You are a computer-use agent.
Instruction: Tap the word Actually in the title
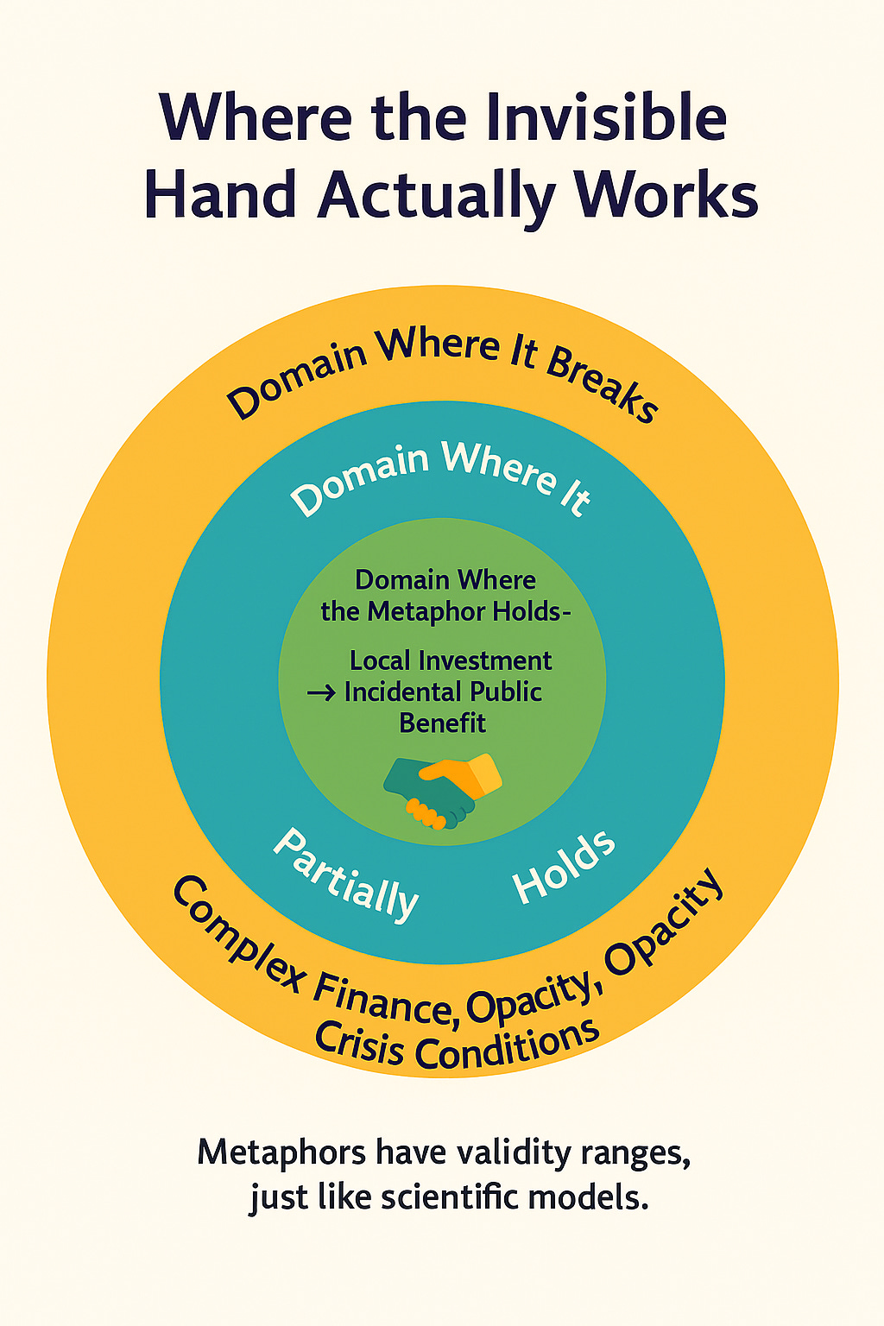pos(436,194)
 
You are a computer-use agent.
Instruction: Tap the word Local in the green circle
pos(379,661)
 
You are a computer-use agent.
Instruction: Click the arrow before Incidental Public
pos(321,693)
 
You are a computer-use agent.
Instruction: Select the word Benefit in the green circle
pos(442,723)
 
